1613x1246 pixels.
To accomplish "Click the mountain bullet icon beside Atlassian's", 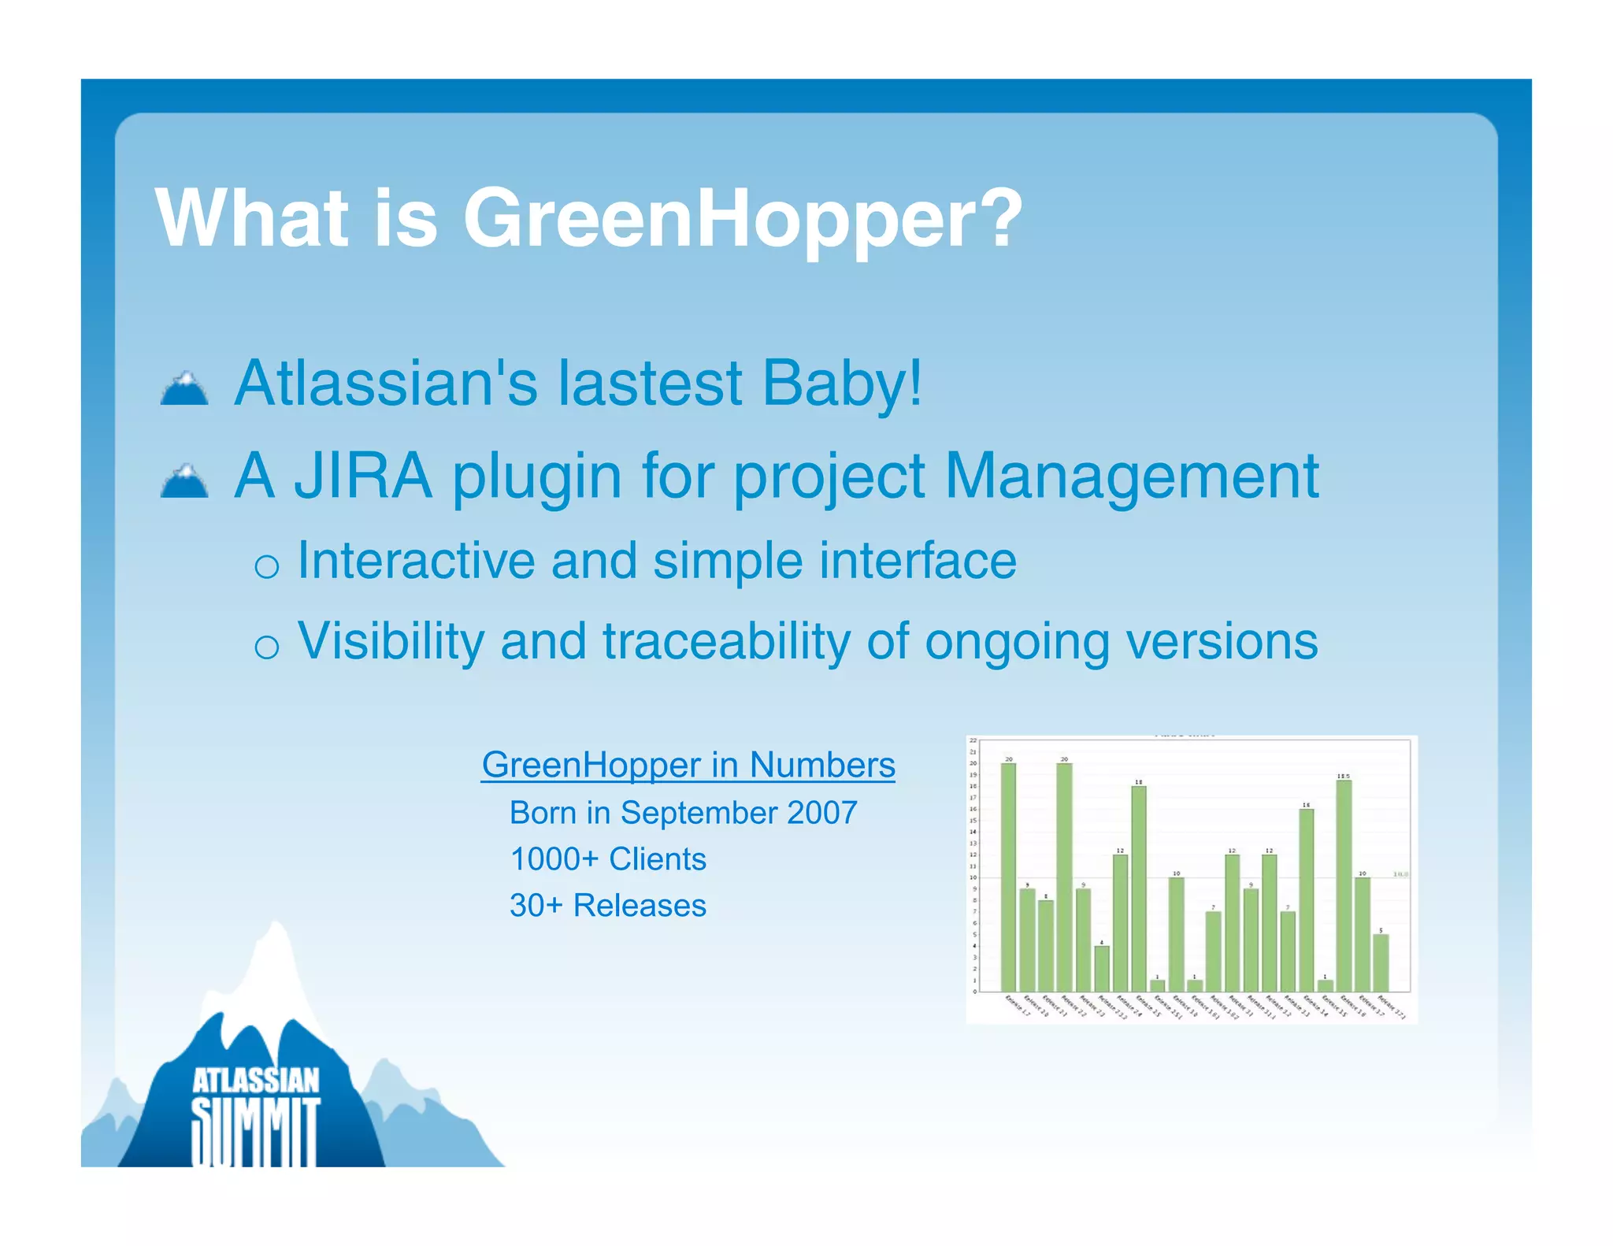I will pyautogui.click(x=184, y=388).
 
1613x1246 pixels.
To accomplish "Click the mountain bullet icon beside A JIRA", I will pyautogui.click(x=184, y=481).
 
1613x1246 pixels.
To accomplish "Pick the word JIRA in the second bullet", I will pyautogui.click(x=363, y=476).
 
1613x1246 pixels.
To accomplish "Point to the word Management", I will pyautogui.click(x=1131, y=477).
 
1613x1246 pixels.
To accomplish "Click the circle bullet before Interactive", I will pyautogui.click(x=267, y=566).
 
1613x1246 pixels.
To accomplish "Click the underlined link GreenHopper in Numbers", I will pyautogui.click(x=688, y=765).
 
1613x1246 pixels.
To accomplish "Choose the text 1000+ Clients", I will pyautogui.click(x=608, y=859).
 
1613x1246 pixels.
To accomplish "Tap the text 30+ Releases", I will pyautogui.click(x=608, y=906).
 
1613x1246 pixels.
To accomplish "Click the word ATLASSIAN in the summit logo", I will pyautogui.click(x=256, y=1081).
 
